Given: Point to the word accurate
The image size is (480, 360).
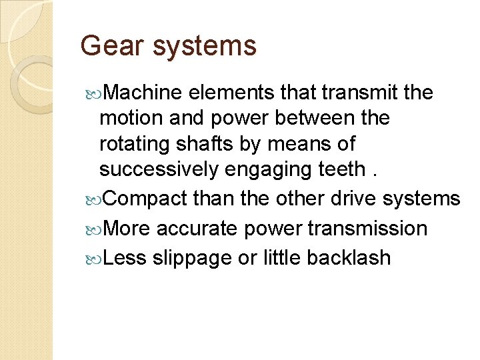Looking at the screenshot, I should click(x=197, y=229).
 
